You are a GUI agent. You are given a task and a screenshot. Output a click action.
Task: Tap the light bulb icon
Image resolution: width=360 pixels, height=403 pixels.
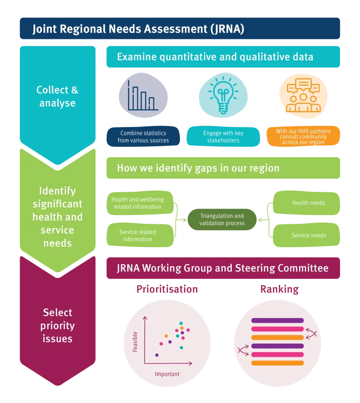click(x=223, y=95)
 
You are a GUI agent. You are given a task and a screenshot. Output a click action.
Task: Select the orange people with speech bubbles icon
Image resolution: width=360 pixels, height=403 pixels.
click(x=303, y=95)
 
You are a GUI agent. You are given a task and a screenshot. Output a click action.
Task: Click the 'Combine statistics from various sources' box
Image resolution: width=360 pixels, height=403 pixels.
click(x=143, y=137)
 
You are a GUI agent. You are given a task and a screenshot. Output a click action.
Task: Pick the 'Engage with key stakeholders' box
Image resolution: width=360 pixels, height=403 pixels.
click(x=223, y=137)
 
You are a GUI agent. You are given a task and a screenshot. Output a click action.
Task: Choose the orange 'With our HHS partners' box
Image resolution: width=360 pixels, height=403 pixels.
click(x=303, y=137)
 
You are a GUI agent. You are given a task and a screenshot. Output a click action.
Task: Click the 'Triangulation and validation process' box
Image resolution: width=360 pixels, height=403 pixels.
click(x=222, y=220)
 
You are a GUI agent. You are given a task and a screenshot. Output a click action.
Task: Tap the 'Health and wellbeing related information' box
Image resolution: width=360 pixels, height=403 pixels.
click(x=140, y=203)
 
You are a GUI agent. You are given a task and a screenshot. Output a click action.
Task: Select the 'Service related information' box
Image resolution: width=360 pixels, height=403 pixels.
click(x=140, y=235)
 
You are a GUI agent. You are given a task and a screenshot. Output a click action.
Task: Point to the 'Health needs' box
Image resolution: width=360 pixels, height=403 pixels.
click(x=306, y=203)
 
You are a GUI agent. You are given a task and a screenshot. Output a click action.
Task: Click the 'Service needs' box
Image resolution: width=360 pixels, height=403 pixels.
click(x=306, y=235)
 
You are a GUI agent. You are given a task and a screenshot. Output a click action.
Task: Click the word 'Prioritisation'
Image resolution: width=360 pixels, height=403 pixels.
click(x=167, y=289)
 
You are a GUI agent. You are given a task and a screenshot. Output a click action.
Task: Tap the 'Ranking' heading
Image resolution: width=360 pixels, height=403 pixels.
click(x=279, y=289)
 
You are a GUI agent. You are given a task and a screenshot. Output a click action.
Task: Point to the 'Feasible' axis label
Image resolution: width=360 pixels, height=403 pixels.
click(x=135, y=342)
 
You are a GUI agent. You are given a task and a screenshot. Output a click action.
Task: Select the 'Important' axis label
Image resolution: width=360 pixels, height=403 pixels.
click(x=167, y=374)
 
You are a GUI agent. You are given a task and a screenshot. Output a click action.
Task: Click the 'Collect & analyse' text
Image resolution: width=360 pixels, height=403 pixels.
click(x=57, y=96)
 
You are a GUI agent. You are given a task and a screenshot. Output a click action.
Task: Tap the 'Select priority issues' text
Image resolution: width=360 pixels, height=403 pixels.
click(x=58, y=326)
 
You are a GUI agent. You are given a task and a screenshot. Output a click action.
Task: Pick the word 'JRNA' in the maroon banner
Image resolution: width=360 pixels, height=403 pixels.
click(x=128, y=268)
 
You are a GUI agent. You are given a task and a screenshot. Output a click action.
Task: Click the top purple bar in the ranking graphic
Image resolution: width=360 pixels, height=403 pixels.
click(x=277, y=320)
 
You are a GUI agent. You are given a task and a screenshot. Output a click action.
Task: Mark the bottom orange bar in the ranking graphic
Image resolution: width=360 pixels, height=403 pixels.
click(x=277, y=363)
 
